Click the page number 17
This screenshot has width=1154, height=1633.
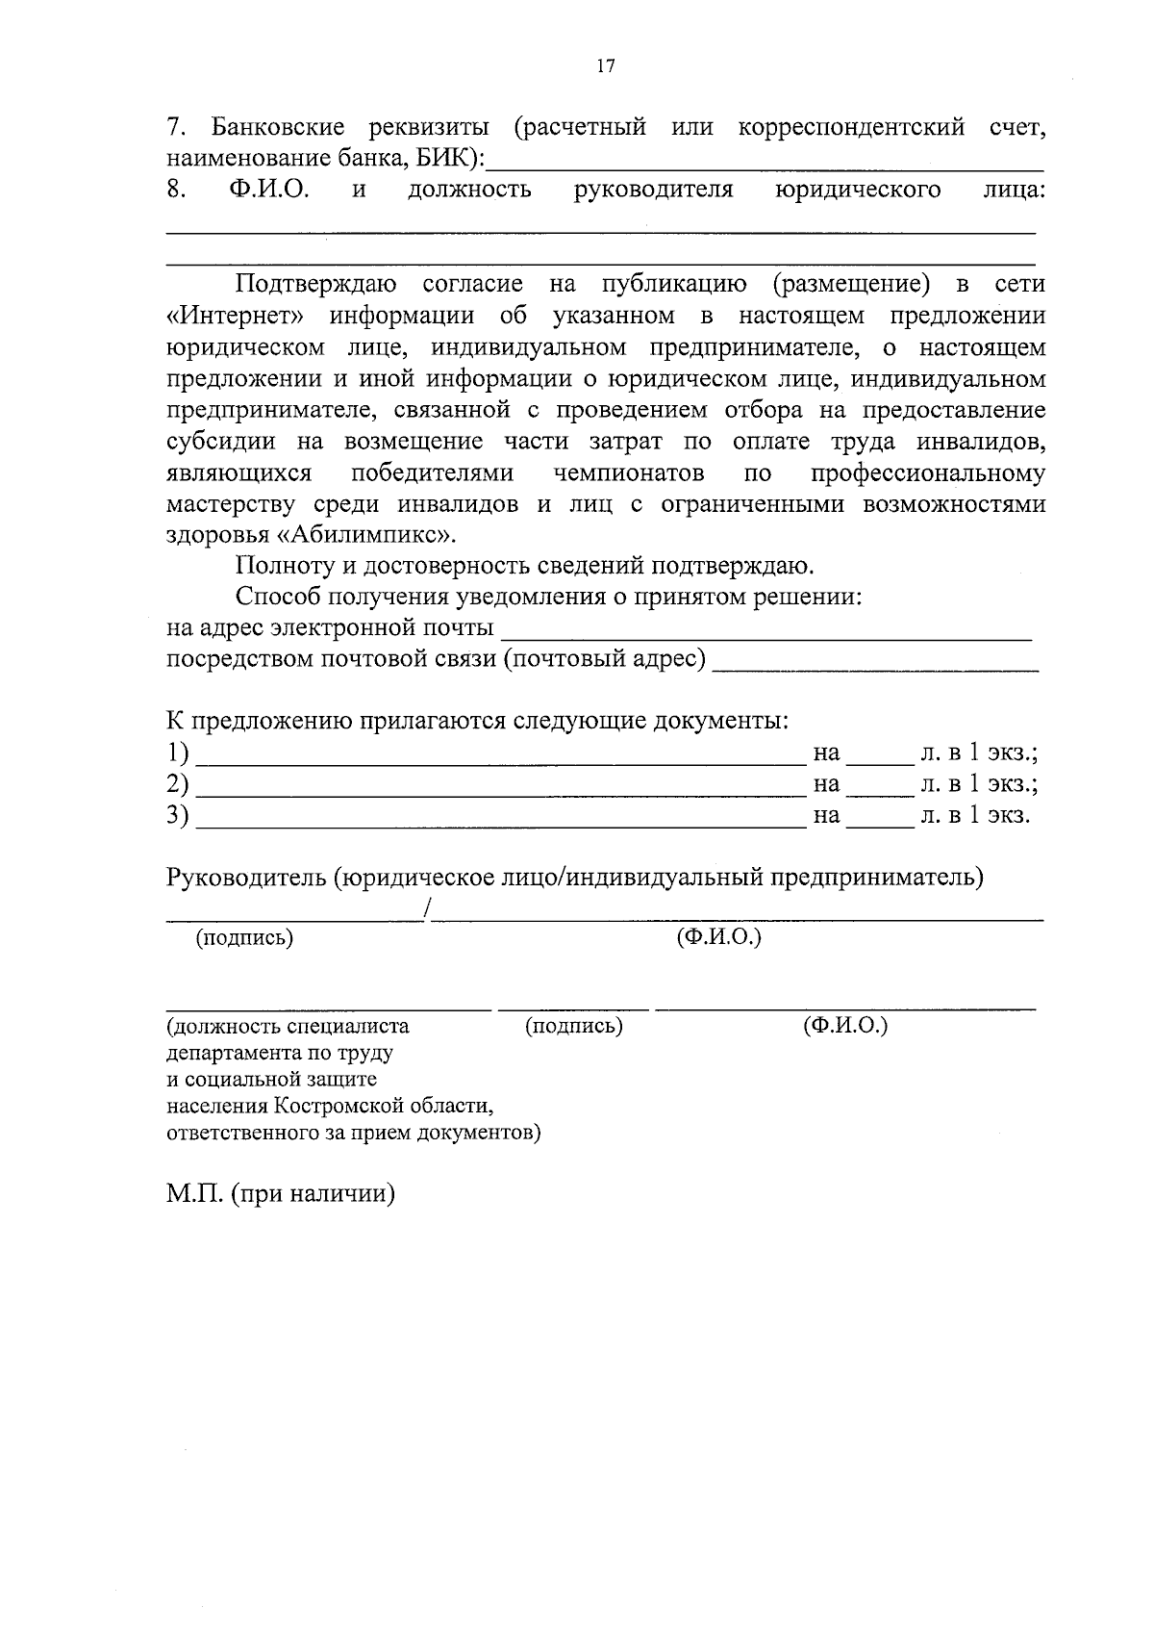[605, 65]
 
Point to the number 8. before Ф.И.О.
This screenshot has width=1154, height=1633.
[176, 190]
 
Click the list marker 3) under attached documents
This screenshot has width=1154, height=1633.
[177, 816]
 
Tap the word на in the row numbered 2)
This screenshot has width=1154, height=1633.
[826, 784]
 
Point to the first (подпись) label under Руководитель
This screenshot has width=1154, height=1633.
[244, 937]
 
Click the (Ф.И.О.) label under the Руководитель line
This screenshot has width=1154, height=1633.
[718, 936]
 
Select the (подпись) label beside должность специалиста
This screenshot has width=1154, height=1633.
[574, 1026]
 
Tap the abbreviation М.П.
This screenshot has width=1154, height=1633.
[195, 1194]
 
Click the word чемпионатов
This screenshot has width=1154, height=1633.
[629, 473]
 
